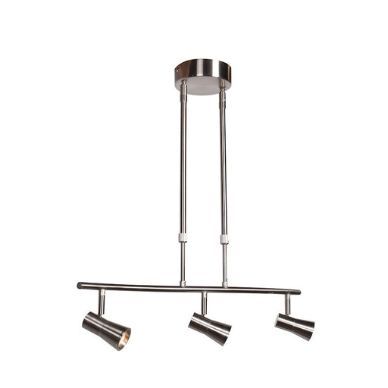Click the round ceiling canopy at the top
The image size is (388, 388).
202,74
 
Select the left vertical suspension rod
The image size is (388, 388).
183,167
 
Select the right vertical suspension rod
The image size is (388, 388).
223,167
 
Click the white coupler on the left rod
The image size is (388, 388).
183,237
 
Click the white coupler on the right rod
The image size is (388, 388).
224,239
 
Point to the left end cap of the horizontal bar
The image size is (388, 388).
80,286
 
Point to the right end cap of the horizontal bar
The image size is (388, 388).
297,291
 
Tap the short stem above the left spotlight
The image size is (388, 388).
101,301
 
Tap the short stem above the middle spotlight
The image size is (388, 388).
203,303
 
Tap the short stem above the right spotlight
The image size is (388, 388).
287,304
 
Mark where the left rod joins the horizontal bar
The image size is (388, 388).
183,284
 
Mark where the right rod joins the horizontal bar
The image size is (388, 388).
225,286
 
